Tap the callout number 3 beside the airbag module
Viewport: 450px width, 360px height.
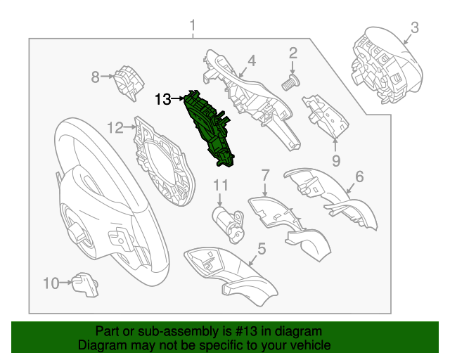click(x=415, y=27)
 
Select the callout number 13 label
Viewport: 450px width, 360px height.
click(x=162, y=99)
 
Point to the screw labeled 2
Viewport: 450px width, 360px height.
click(x=288, y=84)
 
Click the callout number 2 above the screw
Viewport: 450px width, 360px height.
click(x=292, y=52)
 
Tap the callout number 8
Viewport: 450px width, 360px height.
click(x=95, y=76)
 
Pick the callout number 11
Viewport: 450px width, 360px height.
click(x=221, y=186)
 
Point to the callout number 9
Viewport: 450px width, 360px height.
click(x=335, y=161)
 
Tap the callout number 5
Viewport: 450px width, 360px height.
click(x=261, y=248)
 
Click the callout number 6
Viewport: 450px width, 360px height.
click(x=359, y=177)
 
